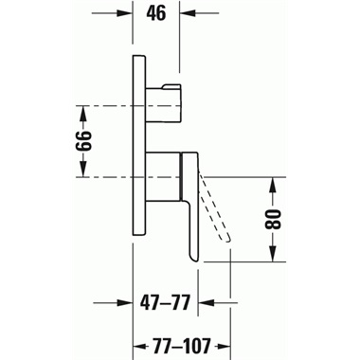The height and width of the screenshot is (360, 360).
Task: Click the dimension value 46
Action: click(x=156, y=13)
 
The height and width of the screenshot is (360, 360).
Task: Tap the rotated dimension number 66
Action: click(x=83, y=141)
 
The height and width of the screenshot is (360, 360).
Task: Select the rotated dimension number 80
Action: click(x=273, y=219)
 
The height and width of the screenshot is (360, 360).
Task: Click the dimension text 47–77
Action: click(x=165, y=303)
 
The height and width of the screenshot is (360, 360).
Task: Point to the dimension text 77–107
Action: click(x=181, y=346)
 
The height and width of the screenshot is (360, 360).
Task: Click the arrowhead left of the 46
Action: click(x=125, y=13)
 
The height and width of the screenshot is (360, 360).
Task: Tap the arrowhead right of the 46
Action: click(x=188, y=13)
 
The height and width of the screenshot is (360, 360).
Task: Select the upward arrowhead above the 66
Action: click(x=83, y=114)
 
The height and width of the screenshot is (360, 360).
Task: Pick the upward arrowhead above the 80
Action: click(x=273, y=185)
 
